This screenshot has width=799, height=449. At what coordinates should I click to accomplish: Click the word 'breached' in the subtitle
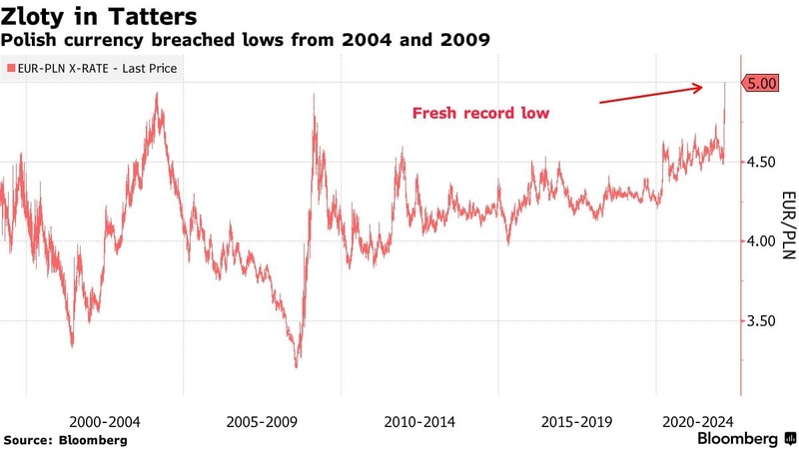click(x=187, y=42)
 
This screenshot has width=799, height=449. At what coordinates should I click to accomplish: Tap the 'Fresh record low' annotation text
click(x=480, y=114)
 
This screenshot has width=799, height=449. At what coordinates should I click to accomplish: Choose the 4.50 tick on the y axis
click(x=764, y=162)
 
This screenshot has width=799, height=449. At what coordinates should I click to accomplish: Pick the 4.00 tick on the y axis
click(x=764, y=241)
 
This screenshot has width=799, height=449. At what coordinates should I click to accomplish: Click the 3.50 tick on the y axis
click(x=764, y=321)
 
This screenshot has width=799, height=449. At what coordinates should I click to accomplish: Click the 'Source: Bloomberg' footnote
click(x=66, y=439)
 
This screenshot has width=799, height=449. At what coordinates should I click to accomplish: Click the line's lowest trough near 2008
click(x=296, y=366)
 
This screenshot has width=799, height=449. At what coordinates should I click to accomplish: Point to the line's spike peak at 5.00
click(x=725, y=84)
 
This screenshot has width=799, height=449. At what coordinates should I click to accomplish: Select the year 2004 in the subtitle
click(x=365, y=42)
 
